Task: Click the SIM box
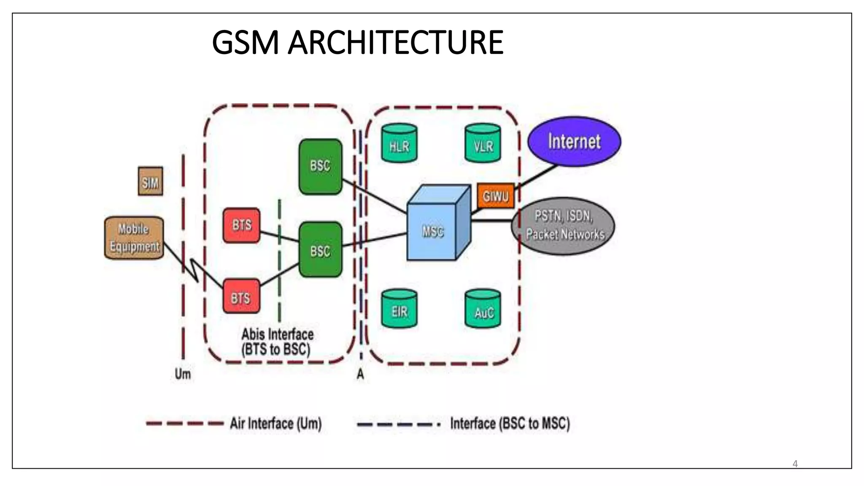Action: [x=150, y=181]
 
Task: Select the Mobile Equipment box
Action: [x=134, y=238]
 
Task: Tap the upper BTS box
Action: [x=241, y=225]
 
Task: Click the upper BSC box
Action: [x=320, y=166]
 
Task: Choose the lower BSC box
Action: [x=320, y=250]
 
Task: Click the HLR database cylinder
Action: [x=399, y=144]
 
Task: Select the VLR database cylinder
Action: [x=483, y=144]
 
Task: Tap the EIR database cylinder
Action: [x=399, y=309]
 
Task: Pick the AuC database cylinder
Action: [x=483, y=309]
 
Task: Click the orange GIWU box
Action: [x=496, y=196]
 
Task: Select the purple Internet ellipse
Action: [x=574, y=141]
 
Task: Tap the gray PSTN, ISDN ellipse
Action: [x=564, y=226]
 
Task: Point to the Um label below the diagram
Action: [x=183, y=374]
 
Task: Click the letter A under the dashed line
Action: [x=360, y=374]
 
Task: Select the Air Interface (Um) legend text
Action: [x=275, y=423]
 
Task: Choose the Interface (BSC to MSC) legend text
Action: [x=510, y=423]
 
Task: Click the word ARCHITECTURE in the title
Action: [x=395, y=43]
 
